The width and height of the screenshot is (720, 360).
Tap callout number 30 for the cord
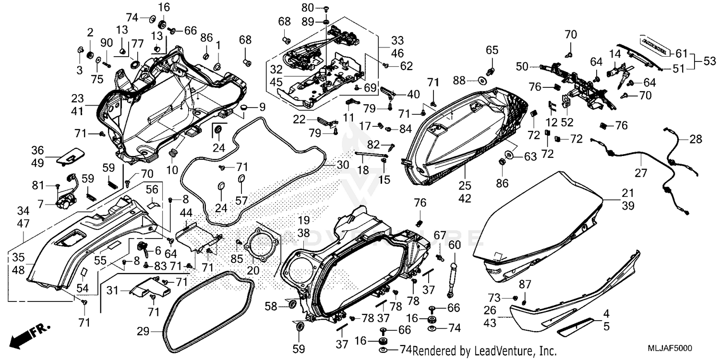coord(342,165)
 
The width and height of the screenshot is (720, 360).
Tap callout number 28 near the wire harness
coord(695,139)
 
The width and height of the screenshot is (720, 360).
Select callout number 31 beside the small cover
coord(112,291)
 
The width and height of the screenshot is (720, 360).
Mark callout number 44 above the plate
coord(187,212)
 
